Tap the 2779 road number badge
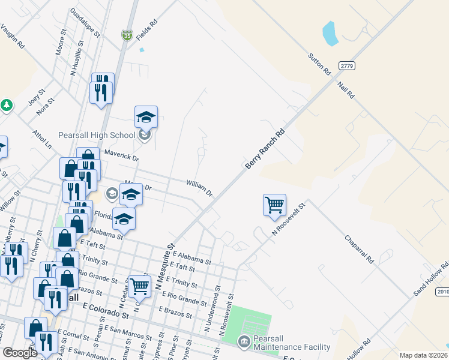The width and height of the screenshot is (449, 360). [x=346, y=65]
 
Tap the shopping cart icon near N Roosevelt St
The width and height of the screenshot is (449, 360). [x=274, y=205]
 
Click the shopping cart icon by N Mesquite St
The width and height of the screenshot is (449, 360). [x=139, y=286]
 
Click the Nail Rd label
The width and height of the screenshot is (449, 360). [x=346, y=90]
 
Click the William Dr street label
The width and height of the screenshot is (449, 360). [x=199, y=188]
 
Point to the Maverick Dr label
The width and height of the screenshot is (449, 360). [x=121, y=155]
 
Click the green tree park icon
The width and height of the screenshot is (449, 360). [x=7, y=105]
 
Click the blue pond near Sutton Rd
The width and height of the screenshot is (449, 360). [x=330, y=34]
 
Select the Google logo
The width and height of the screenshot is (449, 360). [x=20, y=353]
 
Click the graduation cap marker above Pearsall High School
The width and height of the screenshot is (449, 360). [x=146, y=117]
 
